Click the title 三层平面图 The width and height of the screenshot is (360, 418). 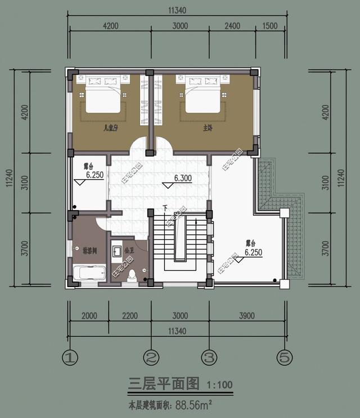[x=164, y=384]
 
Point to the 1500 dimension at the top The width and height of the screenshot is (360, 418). [x=271, y=26]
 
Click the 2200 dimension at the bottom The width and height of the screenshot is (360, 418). [x=129, y=316]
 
